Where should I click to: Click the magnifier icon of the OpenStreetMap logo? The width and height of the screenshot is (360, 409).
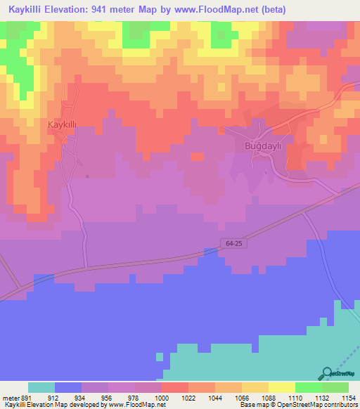[326, 373]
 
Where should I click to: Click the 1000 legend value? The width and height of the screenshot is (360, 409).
[161, 397]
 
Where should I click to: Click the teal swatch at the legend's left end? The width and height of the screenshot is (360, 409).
[41, 387]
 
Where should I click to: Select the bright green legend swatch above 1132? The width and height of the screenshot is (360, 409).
[309, 387]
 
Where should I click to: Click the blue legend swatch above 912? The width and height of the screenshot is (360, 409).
[68, 387]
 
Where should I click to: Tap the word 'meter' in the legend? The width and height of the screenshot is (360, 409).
[10, 397]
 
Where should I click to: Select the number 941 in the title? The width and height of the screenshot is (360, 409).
[98, 10]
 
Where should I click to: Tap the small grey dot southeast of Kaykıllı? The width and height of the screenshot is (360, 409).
[87, 176]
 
